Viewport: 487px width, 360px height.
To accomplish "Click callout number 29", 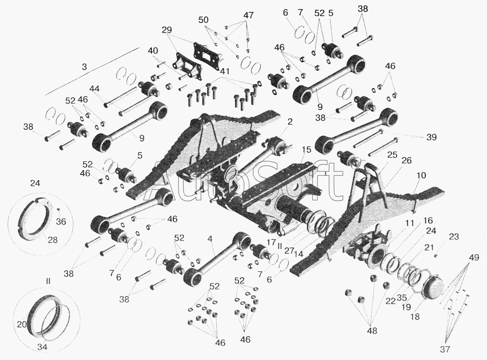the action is (x=166, y=30).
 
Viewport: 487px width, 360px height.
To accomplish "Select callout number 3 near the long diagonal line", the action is (x=84, y=67).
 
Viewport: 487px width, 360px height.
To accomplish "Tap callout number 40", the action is (x=152, y=51).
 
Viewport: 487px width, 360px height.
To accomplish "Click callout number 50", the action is (x=204, y=20).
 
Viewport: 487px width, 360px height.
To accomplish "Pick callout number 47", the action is (x=249, y=15).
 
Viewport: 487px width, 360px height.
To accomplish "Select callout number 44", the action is (x=95, y=89).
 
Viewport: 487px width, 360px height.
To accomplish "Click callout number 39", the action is (x=431, y=137).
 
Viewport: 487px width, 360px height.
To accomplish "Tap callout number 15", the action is (x=306, y=149).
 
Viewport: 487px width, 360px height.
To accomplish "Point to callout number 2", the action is (x=290, y=121).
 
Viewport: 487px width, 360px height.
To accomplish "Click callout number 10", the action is (x=422, y=175).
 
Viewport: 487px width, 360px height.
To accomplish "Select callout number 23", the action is (x=454, y=236).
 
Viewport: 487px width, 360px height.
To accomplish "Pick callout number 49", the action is (x=474, y=258).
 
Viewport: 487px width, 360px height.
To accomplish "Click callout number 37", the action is (x=445, y=349).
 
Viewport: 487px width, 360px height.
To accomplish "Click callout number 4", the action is (x=210, y=240).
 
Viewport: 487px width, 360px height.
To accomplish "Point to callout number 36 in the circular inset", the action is (x=61, y=221).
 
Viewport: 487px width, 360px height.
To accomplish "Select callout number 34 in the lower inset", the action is (x=42, y=347).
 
